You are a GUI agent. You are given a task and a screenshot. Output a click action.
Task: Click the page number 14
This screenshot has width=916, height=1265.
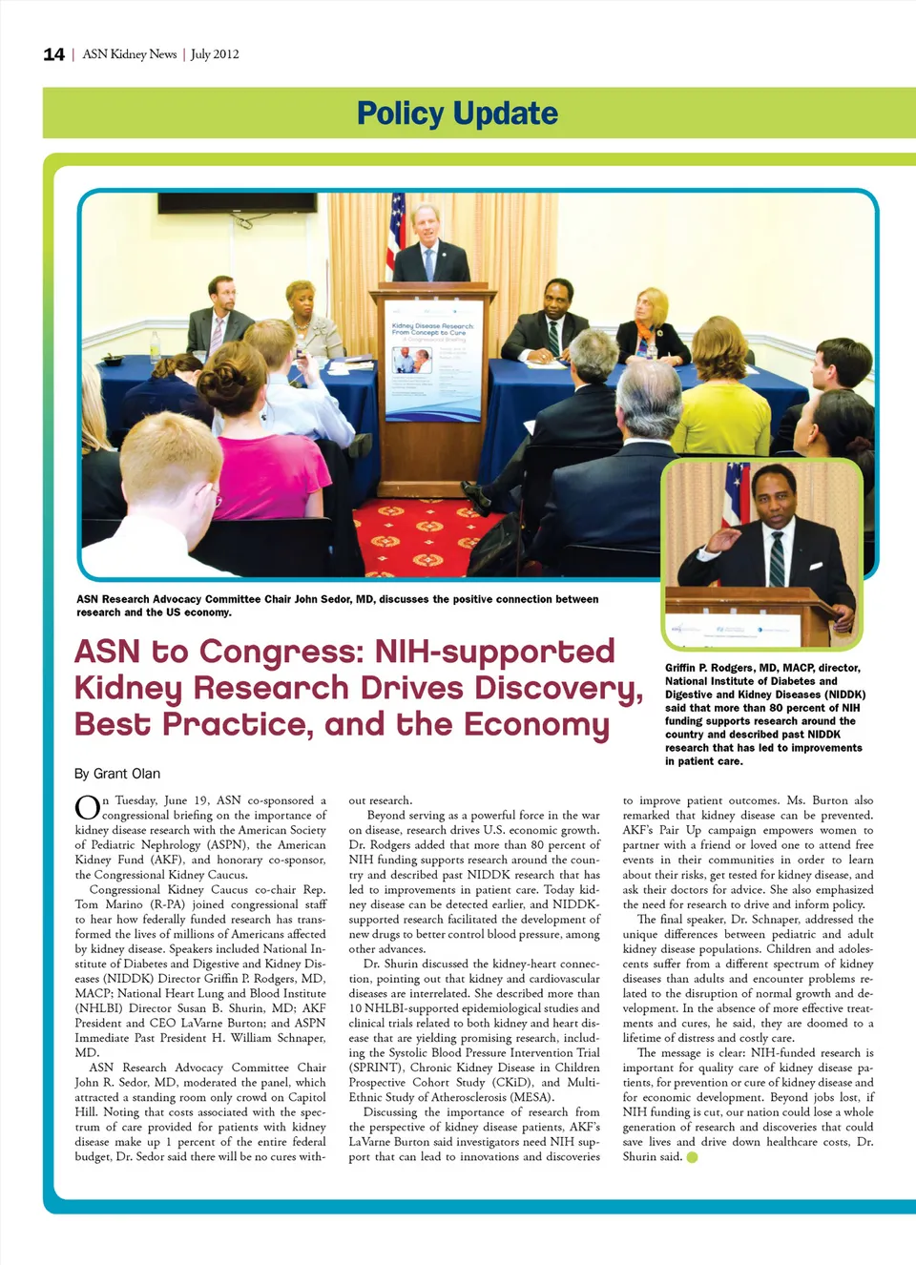(53, 54)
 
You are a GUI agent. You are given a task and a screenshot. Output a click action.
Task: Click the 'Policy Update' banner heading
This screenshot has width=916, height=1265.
(457, 114)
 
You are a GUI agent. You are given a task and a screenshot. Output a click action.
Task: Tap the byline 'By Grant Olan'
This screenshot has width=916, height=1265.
(117, 774)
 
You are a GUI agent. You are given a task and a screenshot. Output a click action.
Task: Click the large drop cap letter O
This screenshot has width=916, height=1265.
(87, 808)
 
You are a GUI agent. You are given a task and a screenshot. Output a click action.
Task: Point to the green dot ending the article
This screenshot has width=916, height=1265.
(692, 1157)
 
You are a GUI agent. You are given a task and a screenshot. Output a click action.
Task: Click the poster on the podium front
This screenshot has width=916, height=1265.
(432, 360)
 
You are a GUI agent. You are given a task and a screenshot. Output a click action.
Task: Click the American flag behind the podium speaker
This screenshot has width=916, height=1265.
(395, 234)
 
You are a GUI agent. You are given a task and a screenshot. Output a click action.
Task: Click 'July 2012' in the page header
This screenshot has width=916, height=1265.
(215, 54)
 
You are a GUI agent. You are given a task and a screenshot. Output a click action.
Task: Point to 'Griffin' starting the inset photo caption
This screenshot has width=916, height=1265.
(683, 668)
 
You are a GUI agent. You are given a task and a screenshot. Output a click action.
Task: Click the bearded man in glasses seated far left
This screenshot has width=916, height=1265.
(219, 315)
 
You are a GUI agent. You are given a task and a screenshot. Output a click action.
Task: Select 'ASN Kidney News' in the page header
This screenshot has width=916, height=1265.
(130, 54)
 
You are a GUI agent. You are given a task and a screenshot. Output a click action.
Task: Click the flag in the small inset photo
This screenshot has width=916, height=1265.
(735, 492)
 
